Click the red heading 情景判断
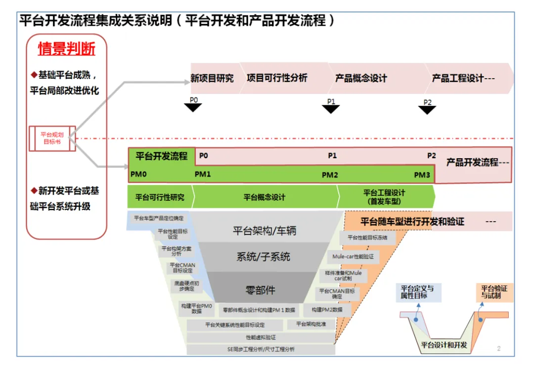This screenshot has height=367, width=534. tap(66, 49)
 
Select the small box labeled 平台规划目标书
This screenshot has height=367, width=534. tap(52, 138)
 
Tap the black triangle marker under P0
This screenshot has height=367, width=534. tap(193, 107)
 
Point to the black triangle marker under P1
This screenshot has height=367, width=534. tap(331, 109)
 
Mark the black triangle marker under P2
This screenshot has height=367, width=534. tap(427, 110)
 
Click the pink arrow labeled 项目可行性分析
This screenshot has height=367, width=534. tap(277, 78)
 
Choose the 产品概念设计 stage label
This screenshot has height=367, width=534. tap(361, 78)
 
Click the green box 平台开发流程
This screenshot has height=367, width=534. tap(162, 157)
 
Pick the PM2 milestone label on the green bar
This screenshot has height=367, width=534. tap(330, 175)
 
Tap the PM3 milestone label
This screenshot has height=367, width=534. tap(422, 175)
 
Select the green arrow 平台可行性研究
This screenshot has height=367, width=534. tap(160, 197)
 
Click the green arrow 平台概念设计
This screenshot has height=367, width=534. tap(265, 197)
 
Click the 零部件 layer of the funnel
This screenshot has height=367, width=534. tap(260, 289)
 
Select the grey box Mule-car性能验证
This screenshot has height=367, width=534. tap(353, 257)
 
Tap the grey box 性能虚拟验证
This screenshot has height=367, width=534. tap(261, 337)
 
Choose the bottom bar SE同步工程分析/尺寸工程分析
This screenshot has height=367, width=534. tap(261, 349)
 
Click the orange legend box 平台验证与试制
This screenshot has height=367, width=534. tap(494, 292)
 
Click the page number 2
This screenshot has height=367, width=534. tap(498, 349)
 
